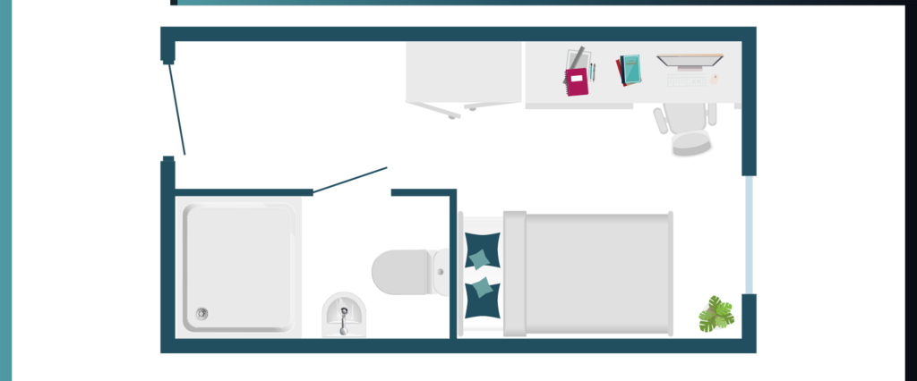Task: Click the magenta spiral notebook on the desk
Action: click(577, 83)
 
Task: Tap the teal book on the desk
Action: click(630, 69)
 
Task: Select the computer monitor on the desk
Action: click(689, 61)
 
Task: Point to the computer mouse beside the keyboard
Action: click(715, 80)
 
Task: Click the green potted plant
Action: click(716, 314)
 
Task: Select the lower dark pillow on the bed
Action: click(482, 289)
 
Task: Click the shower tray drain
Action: click(202, 313)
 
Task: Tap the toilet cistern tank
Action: click(441, 270)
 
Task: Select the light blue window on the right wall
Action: click(750, 234)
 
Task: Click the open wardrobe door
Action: click(439, 110)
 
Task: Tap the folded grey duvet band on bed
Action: click(514, 274)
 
